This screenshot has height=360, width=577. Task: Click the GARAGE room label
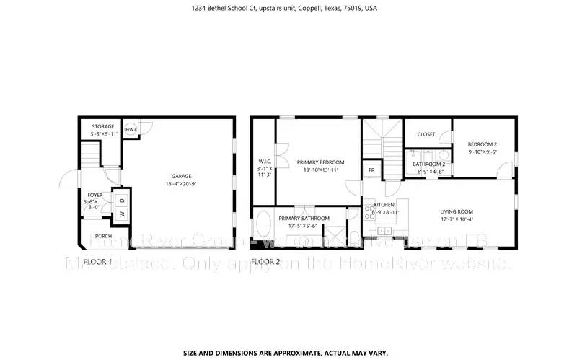pyautogui.click(x=181, y=176)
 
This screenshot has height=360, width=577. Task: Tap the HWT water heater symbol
pyautogui.click(x=131, y=129)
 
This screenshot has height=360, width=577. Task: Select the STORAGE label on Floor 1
pyautogui.click(x=102, y=127)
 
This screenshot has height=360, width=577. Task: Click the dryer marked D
pyautogui.click(x=122, y=200)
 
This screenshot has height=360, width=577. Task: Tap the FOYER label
pyautogui.click(x=95, y=195)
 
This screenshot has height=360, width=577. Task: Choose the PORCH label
pyautogui.click(x=103, y=236)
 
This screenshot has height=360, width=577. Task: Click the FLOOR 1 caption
pyautogui.click(x=97, y=260)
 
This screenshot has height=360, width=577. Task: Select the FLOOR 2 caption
pyautogui.click(x=265, y=260)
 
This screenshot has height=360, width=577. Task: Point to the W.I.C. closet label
pyautogui.click(x=264, y=161)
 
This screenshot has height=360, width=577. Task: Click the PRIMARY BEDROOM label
pyautogui.click(x=320, y=162)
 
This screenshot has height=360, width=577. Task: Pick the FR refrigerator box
pyautogui.click(x=371, y=170)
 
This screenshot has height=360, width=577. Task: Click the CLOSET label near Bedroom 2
pyautogui.click(x=426, y=134)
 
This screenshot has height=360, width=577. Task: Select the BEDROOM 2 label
pyautogui.click(x=482, y=144)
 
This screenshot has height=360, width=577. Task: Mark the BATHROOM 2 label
pyautogui.click(x=428, y=164)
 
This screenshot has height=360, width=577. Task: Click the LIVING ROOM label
pyautogui.click(x=457, y=212)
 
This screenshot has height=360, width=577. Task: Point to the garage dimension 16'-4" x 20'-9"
pyautogui.click(x=181, y=184)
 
